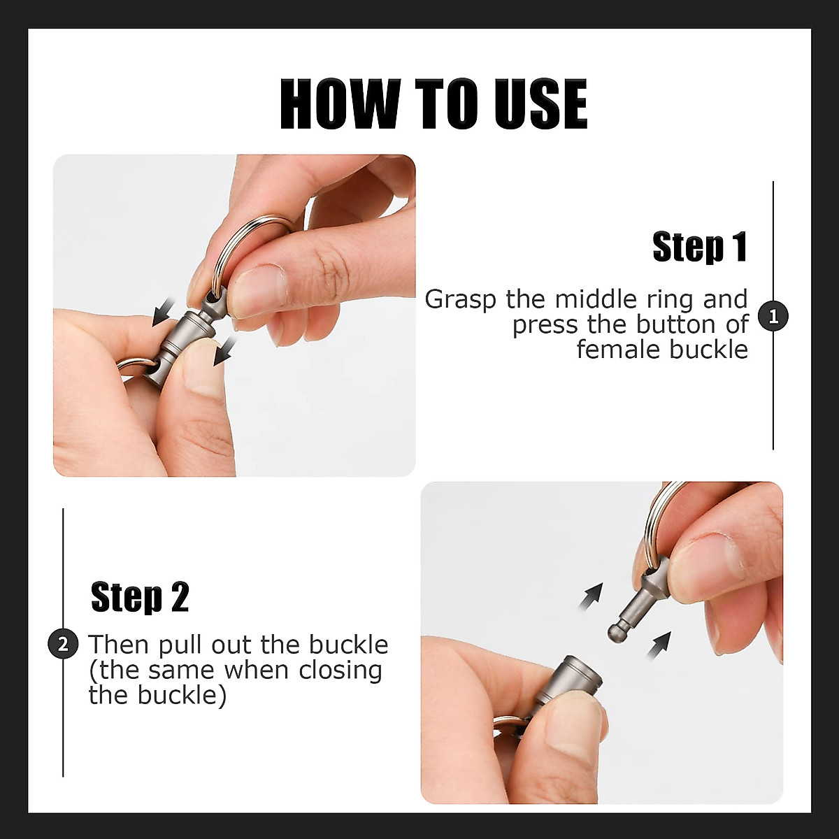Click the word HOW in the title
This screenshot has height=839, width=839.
340,104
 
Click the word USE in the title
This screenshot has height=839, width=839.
540,104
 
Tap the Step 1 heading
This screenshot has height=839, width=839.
700,247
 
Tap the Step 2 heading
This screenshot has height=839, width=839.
141,597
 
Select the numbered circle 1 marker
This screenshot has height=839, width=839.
773,317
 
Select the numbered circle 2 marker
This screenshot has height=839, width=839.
63,644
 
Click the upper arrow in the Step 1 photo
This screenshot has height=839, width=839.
164,312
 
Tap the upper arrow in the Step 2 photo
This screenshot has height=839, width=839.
591,596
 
